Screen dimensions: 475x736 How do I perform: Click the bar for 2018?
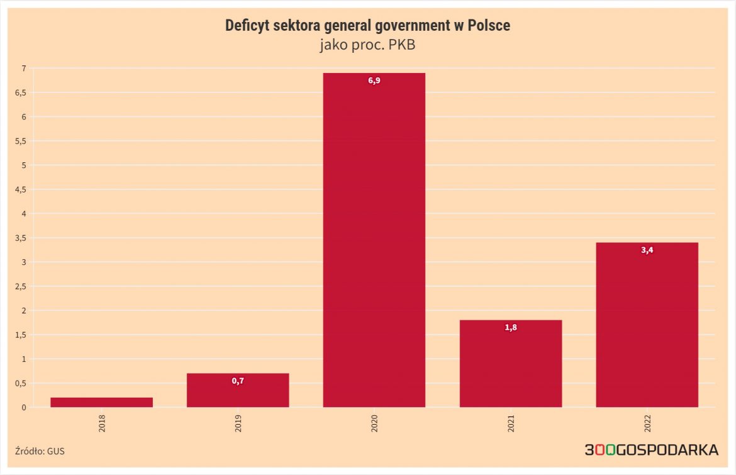pos(101,402)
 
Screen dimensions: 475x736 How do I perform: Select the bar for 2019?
pos(238,391)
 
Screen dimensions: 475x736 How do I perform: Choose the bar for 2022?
pos(647,325)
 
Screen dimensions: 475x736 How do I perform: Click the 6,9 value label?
pos(374,81)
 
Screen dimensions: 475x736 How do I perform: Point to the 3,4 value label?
pos(647,250)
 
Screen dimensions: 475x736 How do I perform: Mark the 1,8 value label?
pos(511,328)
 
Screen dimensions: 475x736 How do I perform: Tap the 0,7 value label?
pos(238,381)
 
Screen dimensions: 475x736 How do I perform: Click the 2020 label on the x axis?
pos(374,423)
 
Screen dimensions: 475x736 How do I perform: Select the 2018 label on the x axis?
pos(102,423)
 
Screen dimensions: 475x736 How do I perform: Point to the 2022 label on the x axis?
pos(647,423)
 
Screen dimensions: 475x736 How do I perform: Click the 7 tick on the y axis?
pos(23,68)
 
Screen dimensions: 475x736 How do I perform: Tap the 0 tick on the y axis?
pos(23,407)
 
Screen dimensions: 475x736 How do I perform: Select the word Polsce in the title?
pos(489,26)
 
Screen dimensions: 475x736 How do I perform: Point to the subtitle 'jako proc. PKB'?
pos(368,45)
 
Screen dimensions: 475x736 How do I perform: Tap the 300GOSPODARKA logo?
pos(651,450)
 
